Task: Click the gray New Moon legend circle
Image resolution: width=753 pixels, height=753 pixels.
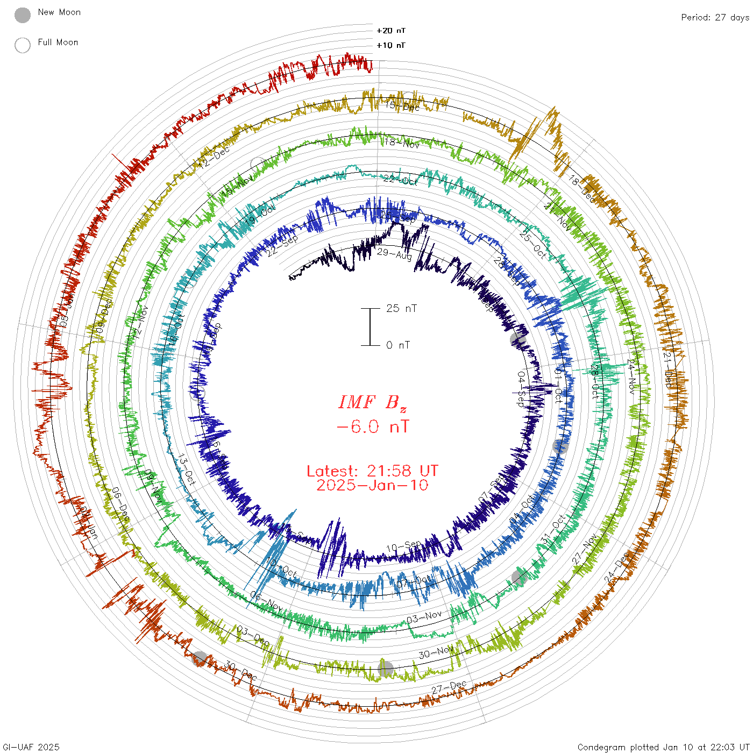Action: [x=23, y=15]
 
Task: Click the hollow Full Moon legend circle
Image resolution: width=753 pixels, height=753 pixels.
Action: [x=23, y=45]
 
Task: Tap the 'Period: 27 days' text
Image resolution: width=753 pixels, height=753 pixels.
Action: [x=715, y=17]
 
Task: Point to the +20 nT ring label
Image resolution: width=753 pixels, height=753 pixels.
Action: [x=391, y=31]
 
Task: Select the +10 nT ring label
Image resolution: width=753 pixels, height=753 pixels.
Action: [x=391, y=45]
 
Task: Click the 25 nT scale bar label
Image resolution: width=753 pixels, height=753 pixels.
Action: [x=401, y=308]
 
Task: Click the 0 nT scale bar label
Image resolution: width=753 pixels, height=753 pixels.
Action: [x=398, y=345]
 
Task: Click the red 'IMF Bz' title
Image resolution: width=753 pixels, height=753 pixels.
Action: [x=372, y=402]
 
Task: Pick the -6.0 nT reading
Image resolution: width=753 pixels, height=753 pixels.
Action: [x=372, y=427]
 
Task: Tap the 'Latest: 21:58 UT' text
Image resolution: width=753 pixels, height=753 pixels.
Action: [x=372, y=471]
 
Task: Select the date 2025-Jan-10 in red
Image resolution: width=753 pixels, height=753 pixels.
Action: [x=372, y=485]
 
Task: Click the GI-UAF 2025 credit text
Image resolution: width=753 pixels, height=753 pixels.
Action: [x=31, y=747]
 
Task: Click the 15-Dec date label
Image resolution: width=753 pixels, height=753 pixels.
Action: [x=402, y=106]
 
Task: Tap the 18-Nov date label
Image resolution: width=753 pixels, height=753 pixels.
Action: [x=402, y=143]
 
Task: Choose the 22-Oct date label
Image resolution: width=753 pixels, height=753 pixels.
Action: [x=400, y=180]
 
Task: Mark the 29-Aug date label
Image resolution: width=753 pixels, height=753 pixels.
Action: [x=394, y=253]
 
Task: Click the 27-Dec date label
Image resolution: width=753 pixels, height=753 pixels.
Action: [x=449, y=687]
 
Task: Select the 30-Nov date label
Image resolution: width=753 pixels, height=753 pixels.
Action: [x=436, y=653]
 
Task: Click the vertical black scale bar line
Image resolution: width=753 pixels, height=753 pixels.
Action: [x=370, y=327]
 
